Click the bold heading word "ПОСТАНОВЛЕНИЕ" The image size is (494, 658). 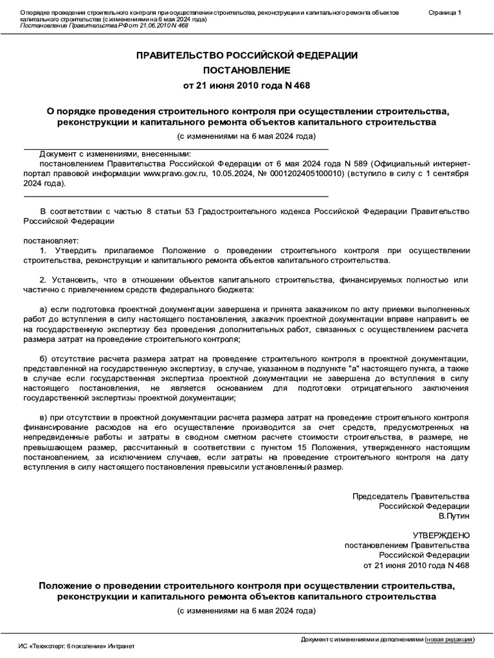[x=247, y=69]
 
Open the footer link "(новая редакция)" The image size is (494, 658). [x=450, y=639]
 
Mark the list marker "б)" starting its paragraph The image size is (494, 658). [x=44, y=357]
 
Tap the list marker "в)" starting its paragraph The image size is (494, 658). [x=44, y=417]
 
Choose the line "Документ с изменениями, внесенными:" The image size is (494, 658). [x=115, y=154]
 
